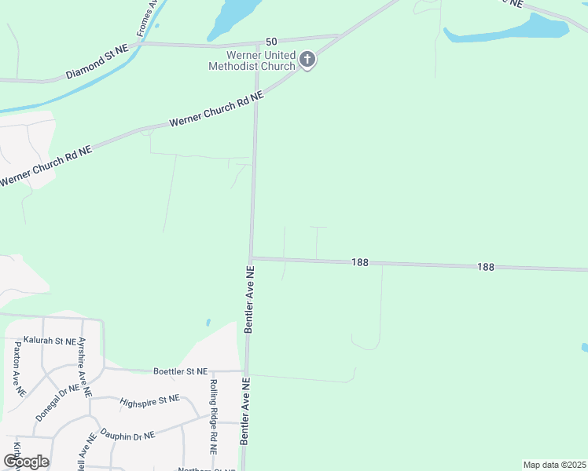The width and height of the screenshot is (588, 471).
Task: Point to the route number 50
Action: [x=272, y=41]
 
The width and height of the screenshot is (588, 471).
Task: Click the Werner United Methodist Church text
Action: [x=251, y=60]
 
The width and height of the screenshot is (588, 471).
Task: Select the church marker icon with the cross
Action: [x=307, y=60]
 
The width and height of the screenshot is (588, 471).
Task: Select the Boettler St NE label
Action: [x=180, y=371]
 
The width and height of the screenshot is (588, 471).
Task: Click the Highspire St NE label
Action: [x=149, y=402]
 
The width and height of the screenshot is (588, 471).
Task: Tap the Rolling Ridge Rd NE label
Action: [x=213, y=417]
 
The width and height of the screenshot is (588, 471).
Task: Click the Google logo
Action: [x=25, y=462]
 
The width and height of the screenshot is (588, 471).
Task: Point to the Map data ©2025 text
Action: [x=554, y=465]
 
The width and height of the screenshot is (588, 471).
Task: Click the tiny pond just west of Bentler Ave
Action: [x=208, y=322]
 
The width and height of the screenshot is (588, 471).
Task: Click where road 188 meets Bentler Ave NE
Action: [x=251, y=257]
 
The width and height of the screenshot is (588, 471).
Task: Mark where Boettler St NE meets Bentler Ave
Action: [x=246, y=371]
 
